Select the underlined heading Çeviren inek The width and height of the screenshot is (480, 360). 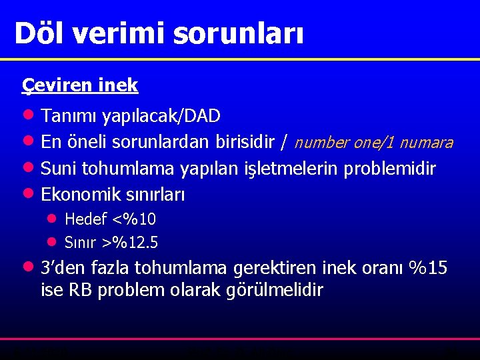tap(80, 85)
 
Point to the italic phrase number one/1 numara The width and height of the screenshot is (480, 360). tap(373, 143)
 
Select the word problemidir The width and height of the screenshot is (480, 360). tap(389, 169)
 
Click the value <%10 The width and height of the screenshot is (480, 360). tap(135, 219)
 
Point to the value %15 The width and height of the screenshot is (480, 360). tap(428, 268)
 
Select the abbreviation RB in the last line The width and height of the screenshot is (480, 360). tap(80, 291)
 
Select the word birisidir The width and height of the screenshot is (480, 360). tap(245, 143)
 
